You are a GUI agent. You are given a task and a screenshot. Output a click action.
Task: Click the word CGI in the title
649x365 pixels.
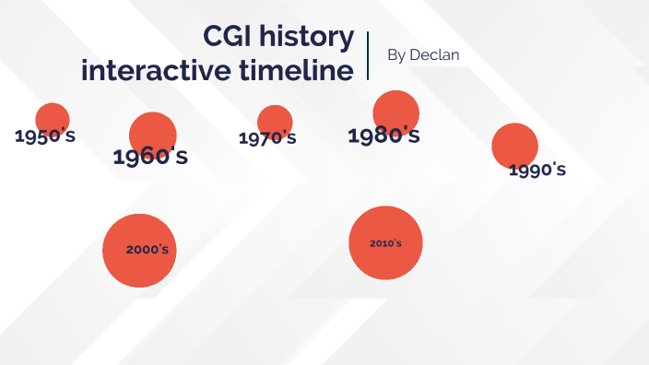click(x=232, y=38)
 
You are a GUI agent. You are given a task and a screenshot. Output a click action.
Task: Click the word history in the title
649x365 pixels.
click(x=308, y=38)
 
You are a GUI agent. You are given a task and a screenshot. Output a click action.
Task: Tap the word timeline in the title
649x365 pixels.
click(x=294, y=70)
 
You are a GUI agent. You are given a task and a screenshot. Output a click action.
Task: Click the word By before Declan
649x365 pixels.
click(x=396, y=55)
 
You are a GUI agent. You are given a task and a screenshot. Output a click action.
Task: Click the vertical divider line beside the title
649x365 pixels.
click(x=368, y=55)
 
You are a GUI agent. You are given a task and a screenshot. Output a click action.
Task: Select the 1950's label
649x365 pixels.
click(x=45, y=136)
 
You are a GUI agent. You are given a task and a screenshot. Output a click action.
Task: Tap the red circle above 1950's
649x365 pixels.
click(x=53, y=117)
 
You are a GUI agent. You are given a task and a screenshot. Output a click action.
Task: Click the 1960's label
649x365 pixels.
click(x=150, y=157)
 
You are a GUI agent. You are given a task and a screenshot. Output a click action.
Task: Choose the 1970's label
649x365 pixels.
click(x=267, y=138)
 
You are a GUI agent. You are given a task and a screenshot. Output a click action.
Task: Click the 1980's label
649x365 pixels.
click(x=383, y=136)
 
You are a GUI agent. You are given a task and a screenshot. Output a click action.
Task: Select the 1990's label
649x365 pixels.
click(x=537, y=170)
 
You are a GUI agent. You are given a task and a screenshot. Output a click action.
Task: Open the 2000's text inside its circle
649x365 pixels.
click(x=147, y=250)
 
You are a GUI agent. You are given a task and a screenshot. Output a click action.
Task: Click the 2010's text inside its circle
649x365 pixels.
click(x=385, y=243)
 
